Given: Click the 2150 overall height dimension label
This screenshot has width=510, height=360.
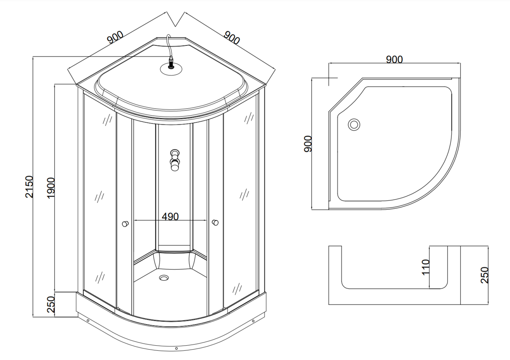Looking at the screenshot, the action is click(x=29, y=187).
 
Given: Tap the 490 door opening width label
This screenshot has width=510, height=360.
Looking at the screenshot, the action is click(x=170, y=216).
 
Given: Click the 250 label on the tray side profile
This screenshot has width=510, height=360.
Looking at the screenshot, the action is click(x=484, y=275).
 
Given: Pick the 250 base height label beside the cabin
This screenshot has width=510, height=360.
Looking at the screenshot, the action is click(x=51, y=305).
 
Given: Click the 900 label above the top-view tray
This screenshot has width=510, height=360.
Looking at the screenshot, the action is click(x=394, y=59).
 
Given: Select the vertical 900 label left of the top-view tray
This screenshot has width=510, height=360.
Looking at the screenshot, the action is click(x=308, y=144).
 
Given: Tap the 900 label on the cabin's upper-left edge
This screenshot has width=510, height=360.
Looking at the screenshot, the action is click(x=116, y=37).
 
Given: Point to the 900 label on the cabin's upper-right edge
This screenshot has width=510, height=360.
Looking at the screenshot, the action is click(x=231, y=38).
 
